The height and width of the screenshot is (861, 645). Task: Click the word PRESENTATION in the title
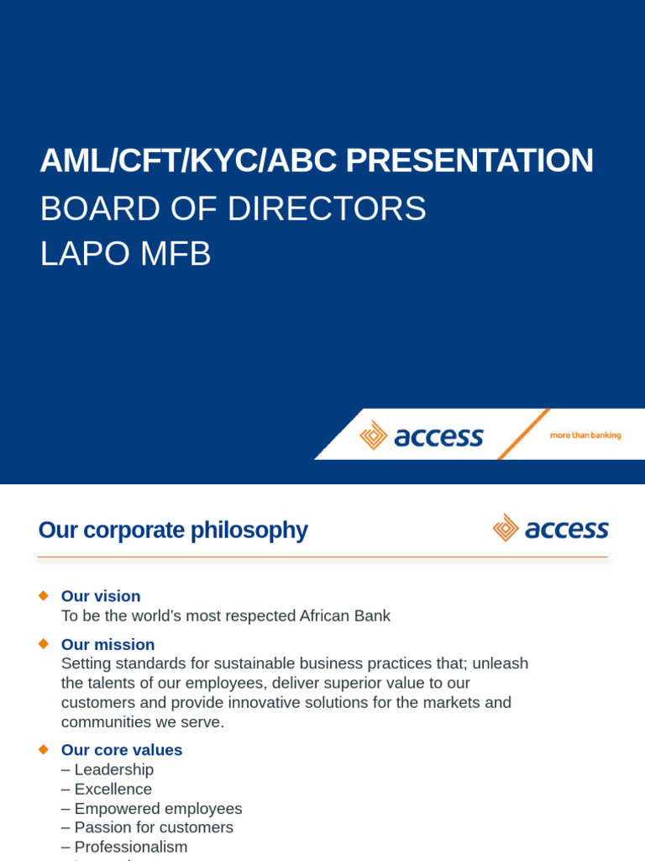click(469, 161)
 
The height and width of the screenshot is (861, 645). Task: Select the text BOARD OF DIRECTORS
click(233, 209)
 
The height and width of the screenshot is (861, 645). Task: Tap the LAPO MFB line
click(125, 254)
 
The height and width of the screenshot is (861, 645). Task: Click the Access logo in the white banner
click(422, 436)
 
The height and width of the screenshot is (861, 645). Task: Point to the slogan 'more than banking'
click(585, 436)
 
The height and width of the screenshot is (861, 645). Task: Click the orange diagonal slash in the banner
click(523, 434)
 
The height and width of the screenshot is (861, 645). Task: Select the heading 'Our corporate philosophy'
click(173, 530)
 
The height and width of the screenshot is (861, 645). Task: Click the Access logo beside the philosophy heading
click(550, 528)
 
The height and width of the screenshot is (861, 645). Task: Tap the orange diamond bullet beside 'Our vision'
click(44, 595)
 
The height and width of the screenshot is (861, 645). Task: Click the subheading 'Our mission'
click(107, 644)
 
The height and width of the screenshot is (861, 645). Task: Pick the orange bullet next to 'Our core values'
click(44, 748)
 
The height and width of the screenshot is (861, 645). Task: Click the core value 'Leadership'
click(113, 769)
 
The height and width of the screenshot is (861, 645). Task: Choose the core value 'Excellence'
click(113, 789)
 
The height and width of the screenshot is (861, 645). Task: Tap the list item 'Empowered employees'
click(158, 808)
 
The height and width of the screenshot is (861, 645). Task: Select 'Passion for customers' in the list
click(154, 827)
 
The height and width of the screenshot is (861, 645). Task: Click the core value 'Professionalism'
click(130, 847)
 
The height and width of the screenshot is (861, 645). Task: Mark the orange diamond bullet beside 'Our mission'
click(44, 643)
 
